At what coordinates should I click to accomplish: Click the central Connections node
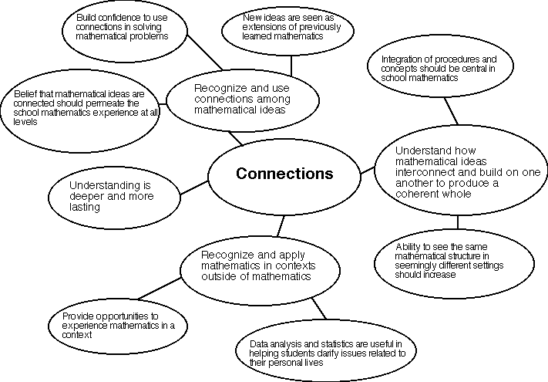[x=284, y=174]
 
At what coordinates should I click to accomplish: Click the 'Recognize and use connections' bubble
[x=242, y=99]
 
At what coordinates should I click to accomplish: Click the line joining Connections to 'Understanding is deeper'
[x=193, y=188]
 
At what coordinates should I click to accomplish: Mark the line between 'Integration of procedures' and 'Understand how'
[x=450, y=113]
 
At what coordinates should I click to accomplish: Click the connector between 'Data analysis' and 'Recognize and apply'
[x=318, y=309]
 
